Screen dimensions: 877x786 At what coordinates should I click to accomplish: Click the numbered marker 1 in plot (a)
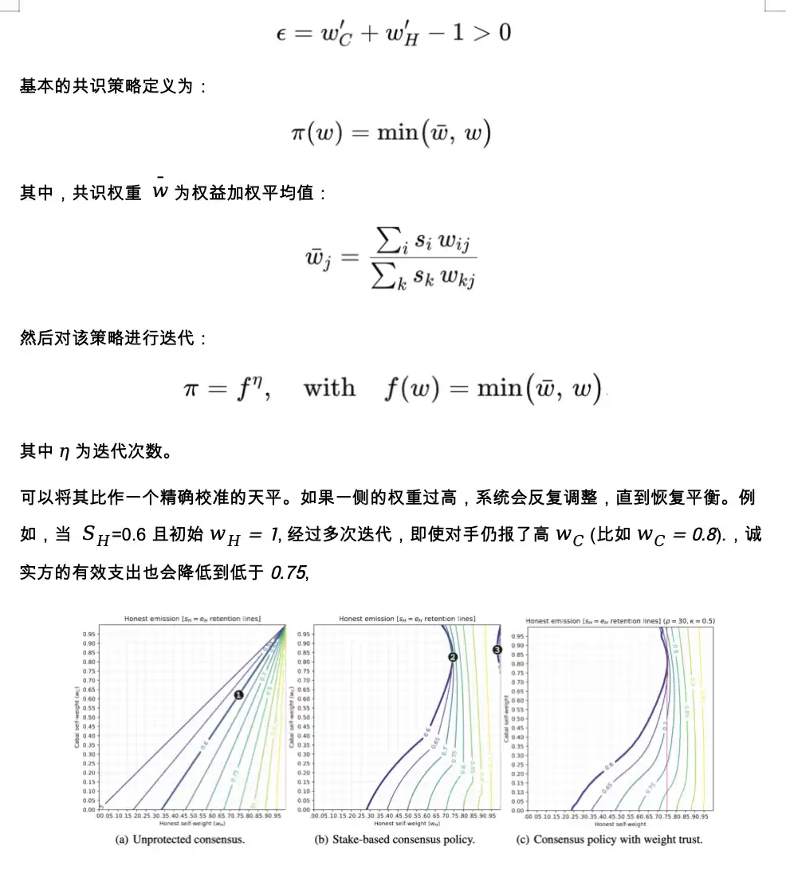tap(238, 695)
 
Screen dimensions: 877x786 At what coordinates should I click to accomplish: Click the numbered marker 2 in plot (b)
tap(453, 657)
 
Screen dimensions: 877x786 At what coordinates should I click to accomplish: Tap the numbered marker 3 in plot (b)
tap(497, 650)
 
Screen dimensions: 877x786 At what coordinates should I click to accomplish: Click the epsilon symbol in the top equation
tap(280, 33)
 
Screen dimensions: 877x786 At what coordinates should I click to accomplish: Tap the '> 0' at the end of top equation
tap(489, 33)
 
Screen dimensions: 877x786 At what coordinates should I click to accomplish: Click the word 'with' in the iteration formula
tap(329, 388)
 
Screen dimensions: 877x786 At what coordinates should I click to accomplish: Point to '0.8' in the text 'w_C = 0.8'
tap(696, 534)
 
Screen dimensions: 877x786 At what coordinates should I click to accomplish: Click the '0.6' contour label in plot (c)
tap(609, 766)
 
